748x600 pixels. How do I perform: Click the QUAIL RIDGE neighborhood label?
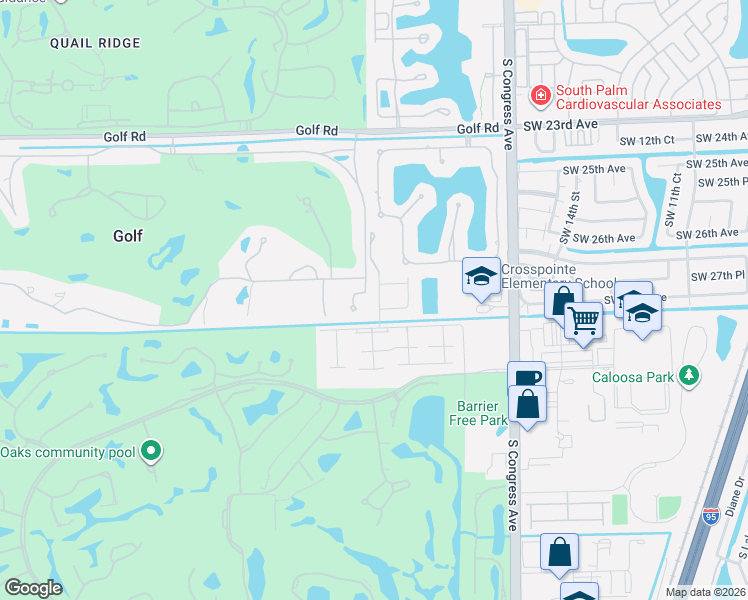pos(97,43)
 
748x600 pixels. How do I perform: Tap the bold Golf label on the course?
pos(128,236)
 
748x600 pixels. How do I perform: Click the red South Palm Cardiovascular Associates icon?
pos(541,96)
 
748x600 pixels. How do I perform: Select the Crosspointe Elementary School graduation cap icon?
pos(481,275)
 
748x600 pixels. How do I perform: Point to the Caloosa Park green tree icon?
pos(688,375)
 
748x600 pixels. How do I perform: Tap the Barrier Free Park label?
pos(482,413)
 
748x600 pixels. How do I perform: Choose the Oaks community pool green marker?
pos(151,451)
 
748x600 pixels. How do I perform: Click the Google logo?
pos(33,588)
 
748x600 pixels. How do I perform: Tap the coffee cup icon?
pos(527,378)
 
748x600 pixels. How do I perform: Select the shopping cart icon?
pos(583,320)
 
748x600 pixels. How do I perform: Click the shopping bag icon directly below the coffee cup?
pos(527,405)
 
